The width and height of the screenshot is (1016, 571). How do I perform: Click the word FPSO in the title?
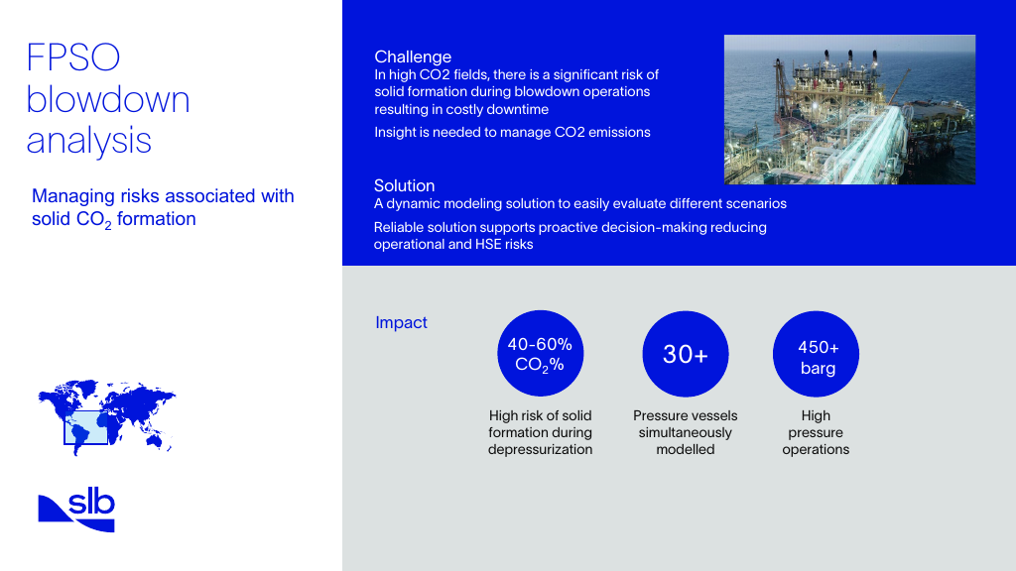pyautogui.click(x=73, y=57)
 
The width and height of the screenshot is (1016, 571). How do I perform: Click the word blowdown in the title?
pyautogui.click(x=108, y=99)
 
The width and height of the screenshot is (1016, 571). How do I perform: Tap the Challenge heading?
pyautogui.click(x=413, y=57)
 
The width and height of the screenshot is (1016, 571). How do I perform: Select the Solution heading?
pyautogui.click(x=404, y=185)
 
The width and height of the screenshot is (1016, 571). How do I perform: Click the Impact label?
pyautogui.click(x=401, y=322)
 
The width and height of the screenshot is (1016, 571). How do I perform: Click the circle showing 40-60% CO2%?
pyautogui.click(x=540, y=354)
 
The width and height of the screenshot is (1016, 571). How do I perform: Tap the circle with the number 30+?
pyautogui.click(x=686, y=354)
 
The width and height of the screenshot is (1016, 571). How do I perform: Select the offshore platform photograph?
pyautogui.click(x=849, y=109)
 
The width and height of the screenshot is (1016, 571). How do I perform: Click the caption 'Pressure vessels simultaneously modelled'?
pyautogui.click(x=686, y=432)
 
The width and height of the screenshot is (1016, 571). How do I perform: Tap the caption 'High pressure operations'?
pyautogui.click(x=816, y=432)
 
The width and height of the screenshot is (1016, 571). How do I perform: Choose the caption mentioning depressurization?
pyautogui.click(x=540, y=432)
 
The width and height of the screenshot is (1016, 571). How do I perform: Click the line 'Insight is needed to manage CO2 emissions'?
pyautogui.click(x=512, y=132)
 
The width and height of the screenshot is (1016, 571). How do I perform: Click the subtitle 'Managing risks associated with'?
pyautogui.click(x=163, y=196)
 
